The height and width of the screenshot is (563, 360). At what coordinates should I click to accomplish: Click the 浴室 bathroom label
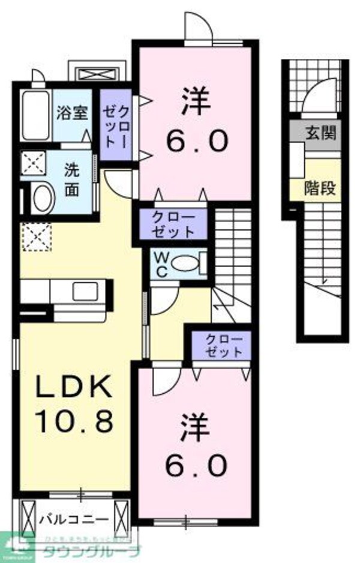coord(71,113)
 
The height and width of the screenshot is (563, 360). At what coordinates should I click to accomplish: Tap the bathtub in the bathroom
coord(35,116)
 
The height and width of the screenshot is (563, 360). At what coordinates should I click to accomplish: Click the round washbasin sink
coord(43,197)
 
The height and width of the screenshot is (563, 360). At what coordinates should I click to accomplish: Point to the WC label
coord(161,263)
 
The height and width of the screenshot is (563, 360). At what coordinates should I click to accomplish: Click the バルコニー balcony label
coord(74,518)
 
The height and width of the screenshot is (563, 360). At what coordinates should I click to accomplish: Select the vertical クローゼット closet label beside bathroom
coord(115,125)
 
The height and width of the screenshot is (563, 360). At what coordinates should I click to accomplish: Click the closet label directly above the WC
coord(173,224)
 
